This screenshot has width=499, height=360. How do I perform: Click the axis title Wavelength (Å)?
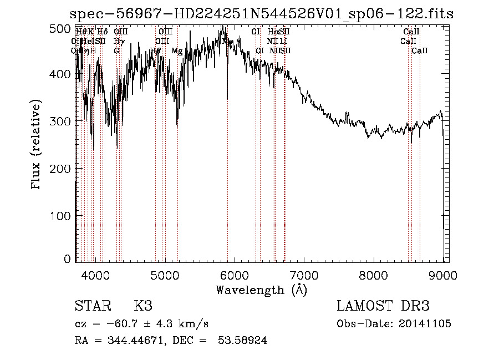[x=261, y=290]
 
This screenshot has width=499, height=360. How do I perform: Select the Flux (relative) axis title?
[x=37, y=145]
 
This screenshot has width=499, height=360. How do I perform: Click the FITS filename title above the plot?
[x=261, y=13]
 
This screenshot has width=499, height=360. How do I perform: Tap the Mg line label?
[x=177, y=51]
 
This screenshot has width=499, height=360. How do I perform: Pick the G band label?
[x=116, y=51]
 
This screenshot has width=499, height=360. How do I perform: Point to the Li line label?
[x=283, y=41]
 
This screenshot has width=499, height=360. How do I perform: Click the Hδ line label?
[x=102, y=32]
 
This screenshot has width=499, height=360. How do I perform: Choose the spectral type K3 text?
[x=143, y=306]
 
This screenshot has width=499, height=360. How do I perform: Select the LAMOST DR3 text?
[x=383, y=306]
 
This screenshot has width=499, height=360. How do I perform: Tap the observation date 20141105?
[x=425, y=324]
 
